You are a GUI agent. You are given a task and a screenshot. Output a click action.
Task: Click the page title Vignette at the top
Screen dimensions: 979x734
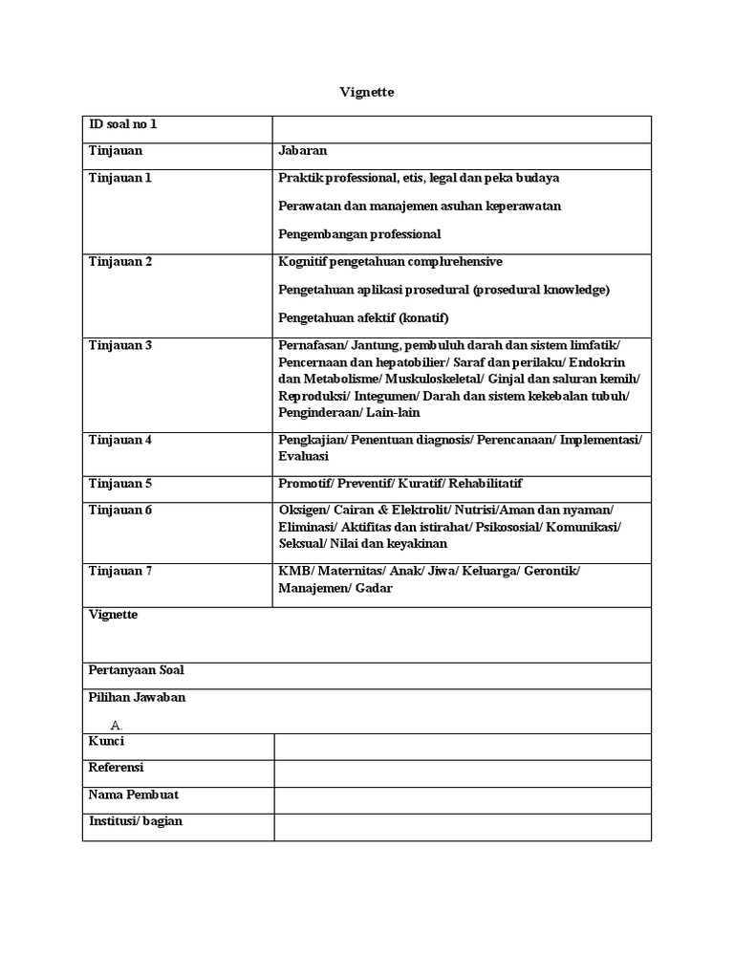(x=367, y=93)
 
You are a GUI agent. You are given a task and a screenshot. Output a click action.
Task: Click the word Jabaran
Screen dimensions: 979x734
(x=302, y=151)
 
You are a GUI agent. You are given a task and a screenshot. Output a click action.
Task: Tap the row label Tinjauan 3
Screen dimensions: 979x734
(x=119, y=345)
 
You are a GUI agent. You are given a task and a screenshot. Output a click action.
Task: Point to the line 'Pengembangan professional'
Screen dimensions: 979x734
(x=359, y=233)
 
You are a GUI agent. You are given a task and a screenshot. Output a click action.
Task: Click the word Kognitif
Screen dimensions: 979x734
(x=303, y=262)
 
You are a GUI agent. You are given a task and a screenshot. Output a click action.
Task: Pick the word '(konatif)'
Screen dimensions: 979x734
(x=422, y=317)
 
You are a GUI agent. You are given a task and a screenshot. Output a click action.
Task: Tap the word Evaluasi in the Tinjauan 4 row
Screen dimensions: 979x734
(x=303, y=457)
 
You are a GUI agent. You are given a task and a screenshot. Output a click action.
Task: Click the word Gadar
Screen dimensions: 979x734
(x=374, y=588)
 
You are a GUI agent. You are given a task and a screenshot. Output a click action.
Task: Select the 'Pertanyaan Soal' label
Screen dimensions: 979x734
(x=136, y=670)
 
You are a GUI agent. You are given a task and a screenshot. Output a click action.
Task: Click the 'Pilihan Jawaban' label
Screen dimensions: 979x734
(x=137, y=698)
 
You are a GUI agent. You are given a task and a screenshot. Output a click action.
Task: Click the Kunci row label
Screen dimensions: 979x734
(x=106, y=742)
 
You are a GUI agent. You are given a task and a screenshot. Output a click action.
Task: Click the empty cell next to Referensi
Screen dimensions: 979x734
(x=463, y=773)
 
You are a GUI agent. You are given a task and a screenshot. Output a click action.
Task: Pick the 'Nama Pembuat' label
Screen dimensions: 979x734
(x=133, y=794)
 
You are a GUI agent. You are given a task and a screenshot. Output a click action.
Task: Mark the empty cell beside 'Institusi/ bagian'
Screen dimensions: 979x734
(x=463, y=827)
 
